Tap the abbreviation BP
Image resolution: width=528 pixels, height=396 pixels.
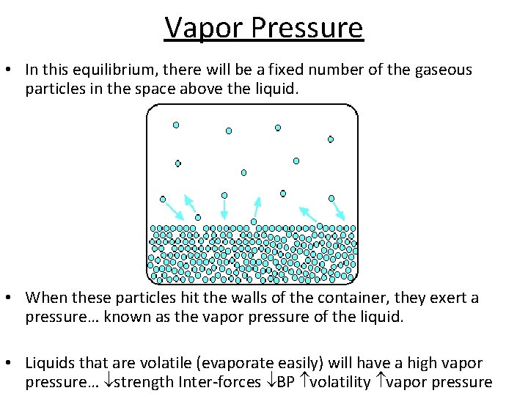[285, 382]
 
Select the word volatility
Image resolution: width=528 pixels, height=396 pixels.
[340, 382]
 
